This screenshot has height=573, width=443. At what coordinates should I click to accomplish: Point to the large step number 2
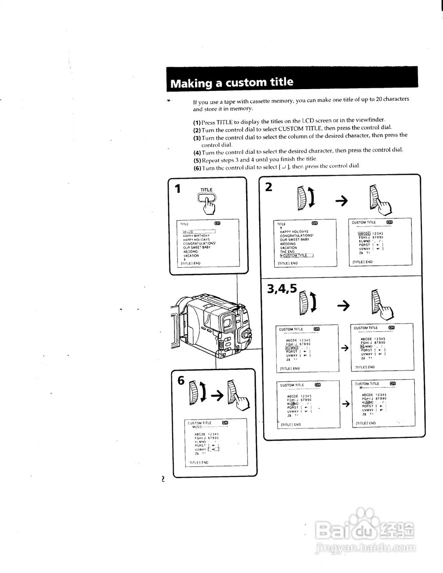pos(268,187)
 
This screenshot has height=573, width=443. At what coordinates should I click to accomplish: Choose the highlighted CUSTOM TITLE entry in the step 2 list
pos(296,256)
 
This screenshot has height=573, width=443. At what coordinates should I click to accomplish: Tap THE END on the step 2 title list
pos(288,252)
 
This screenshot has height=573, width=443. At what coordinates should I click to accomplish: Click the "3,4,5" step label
pos(282,289)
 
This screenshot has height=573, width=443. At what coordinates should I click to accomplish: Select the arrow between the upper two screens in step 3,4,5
pos(345,348)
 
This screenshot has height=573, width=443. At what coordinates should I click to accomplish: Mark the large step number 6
pos(181,381)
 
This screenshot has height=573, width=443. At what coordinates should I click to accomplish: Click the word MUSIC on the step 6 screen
pos(198,427)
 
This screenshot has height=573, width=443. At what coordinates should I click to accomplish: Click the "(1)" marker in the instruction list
pos(197,122)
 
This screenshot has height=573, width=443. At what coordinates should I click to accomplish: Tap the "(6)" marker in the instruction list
pos(197,168)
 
